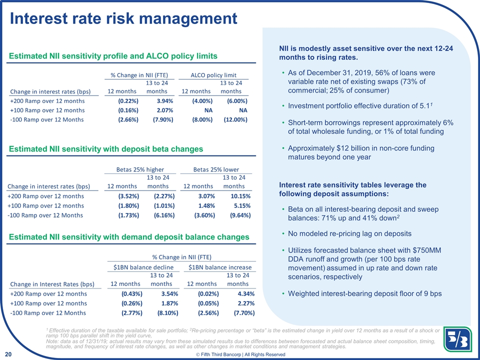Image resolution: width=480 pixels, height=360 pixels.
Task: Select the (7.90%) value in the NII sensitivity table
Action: pos(163,119)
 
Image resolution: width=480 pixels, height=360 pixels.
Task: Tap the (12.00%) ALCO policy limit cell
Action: pos(235,119)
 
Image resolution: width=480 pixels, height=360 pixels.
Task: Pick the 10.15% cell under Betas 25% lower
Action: pos(240,196)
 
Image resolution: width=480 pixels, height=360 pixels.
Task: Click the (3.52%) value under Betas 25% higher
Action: pos(128,196)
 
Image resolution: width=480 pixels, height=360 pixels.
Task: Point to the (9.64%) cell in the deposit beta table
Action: pos(240,215)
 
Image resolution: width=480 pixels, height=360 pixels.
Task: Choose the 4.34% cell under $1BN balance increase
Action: pos(246,294)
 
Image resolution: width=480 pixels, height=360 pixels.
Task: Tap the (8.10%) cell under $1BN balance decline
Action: pos(168,313)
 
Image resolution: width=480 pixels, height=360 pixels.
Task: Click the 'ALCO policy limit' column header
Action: pos(213,75)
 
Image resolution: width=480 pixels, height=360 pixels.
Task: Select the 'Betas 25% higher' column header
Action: pos(140,169)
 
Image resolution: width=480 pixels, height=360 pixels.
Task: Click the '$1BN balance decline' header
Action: pos(143,267)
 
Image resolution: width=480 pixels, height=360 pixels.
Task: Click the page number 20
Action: pos(8,354)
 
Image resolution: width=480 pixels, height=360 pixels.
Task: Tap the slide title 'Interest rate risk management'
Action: pos(123,18)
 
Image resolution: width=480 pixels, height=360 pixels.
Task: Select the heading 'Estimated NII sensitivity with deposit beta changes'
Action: pos(106,149)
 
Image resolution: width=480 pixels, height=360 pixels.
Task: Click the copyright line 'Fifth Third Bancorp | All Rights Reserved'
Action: pos(240,354)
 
